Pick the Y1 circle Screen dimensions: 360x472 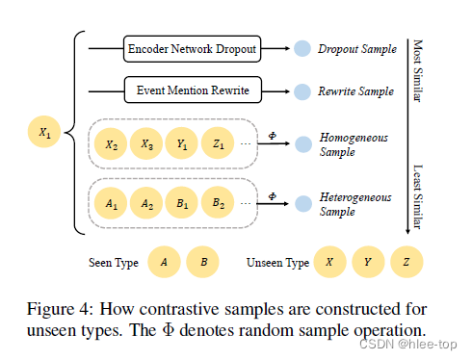point(182,146)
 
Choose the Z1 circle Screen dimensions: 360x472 point(219,146)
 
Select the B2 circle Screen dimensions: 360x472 point(219,203)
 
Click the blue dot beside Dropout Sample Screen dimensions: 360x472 point(302,47)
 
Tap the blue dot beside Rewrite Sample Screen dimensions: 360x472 point(302,92)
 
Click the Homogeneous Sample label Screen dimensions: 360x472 point(353,144)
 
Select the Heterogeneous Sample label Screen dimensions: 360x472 point(354,203)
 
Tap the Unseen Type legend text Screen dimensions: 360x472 point(278,262)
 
